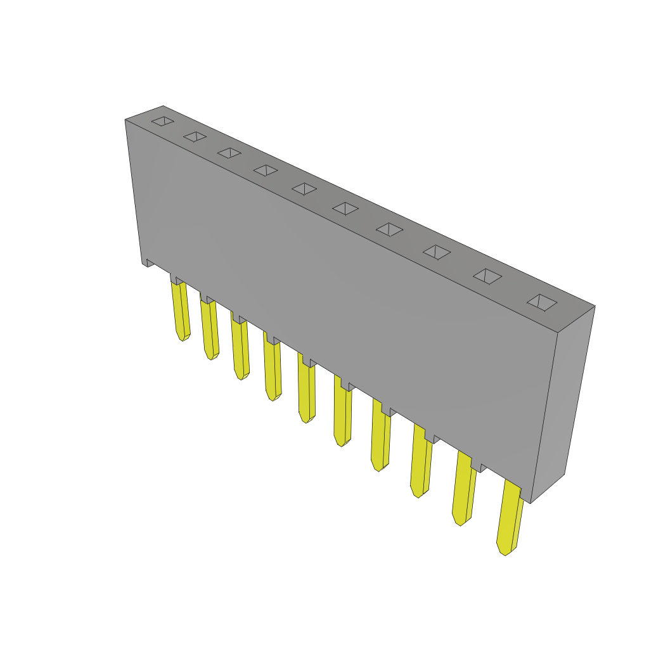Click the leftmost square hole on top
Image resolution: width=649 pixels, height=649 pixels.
tap(163, 121)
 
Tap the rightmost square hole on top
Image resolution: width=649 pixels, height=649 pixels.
tap(542, 302)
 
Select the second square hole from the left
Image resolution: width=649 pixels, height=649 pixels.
tap(195, 136)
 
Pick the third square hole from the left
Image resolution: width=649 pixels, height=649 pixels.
tap(229, 153)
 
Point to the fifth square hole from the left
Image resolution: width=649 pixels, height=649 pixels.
tap(304, 189)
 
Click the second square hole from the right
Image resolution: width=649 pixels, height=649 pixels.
tap(487, 276)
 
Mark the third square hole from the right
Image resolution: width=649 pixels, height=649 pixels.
tap(437, 252)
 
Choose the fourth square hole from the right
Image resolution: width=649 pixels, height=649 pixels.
tap(389, 229)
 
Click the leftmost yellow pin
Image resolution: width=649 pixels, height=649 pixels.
tap(181, 311)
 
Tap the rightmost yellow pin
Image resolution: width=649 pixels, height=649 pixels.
tap(510, 517)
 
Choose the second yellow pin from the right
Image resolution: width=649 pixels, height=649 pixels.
tap(464, 488)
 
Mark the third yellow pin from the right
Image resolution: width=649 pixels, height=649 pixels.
tap(421, 461)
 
